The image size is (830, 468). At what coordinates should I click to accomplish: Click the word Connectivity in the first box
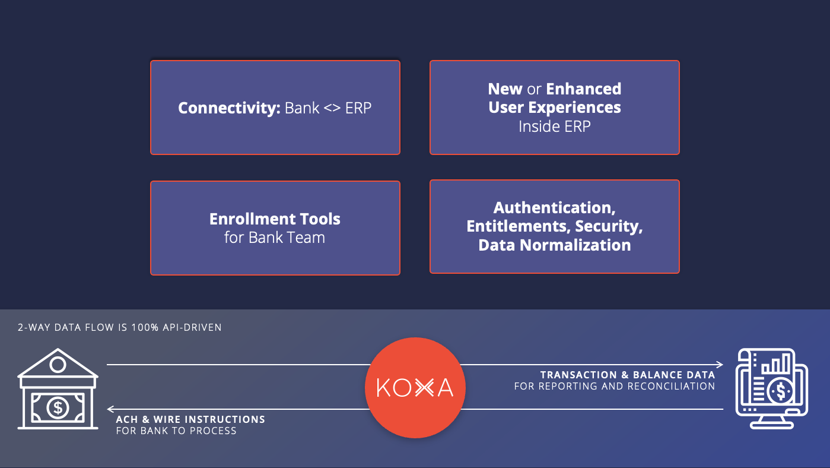228,109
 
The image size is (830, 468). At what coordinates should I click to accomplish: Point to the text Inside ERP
554,127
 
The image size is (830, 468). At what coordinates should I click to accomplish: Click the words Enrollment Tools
275,219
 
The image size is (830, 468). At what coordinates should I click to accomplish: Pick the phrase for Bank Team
275,238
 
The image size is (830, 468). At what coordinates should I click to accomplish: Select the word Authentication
554,208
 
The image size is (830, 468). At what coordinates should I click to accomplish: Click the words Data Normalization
554,245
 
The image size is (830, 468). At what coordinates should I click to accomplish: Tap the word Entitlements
514,226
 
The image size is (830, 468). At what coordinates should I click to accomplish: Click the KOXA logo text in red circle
415,388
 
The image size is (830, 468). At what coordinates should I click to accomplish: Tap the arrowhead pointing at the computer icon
720,365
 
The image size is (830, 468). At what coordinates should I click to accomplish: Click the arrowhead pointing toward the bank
110,409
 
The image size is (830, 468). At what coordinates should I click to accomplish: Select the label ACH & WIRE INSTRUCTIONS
190,419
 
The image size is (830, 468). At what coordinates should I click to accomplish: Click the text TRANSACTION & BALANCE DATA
627,375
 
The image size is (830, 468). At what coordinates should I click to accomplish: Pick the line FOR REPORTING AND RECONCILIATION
614,387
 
